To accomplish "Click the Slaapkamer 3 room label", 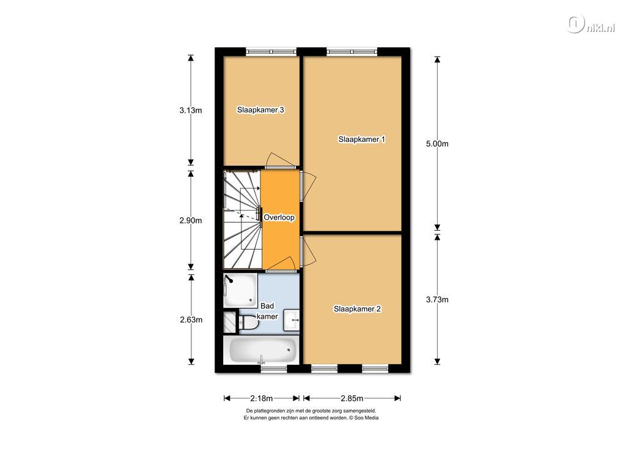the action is point(260,110).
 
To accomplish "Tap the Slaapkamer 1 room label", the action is point(362,139).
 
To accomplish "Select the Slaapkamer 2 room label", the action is point(357,309).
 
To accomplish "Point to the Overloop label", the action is point(279,217).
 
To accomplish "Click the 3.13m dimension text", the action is point(191,110).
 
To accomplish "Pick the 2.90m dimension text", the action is point(191,220).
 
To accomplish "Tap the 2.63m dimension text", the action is point(191,319).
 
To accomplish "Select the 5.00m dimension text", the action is point(437,144).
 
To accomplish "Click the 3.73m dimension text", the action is point(437,299).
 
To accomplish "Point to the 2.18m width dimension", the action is point(262,398).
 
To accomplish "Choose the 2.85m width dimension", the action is point(352,398).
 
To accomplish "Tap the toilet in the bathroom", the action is point(248,322).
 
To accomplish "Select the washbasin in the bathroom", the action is point(292,320).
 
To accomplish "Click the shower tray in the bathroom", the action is point(240,290).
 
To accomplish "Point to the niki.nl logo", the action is point(591,25).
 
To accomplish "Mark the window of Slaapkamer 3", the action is point(271,51).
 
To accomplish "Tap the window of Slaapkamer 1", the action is point(352,51).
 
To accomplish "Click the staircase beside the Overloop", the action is point(242,220).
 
